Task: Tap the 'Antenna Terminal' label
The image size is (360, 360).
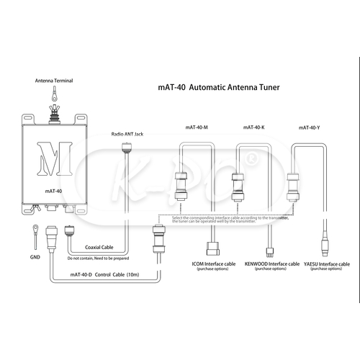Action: click(54, 81)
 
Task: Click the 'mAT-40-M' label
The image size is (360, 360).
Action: click(197, 127)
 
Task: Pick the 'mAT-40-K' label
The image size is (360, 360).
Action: click(248, 127)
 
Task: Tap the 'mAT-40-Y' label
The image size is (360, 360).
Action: click(309, 127)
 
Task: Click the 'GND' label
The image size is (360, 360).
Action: click(34, 256)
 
